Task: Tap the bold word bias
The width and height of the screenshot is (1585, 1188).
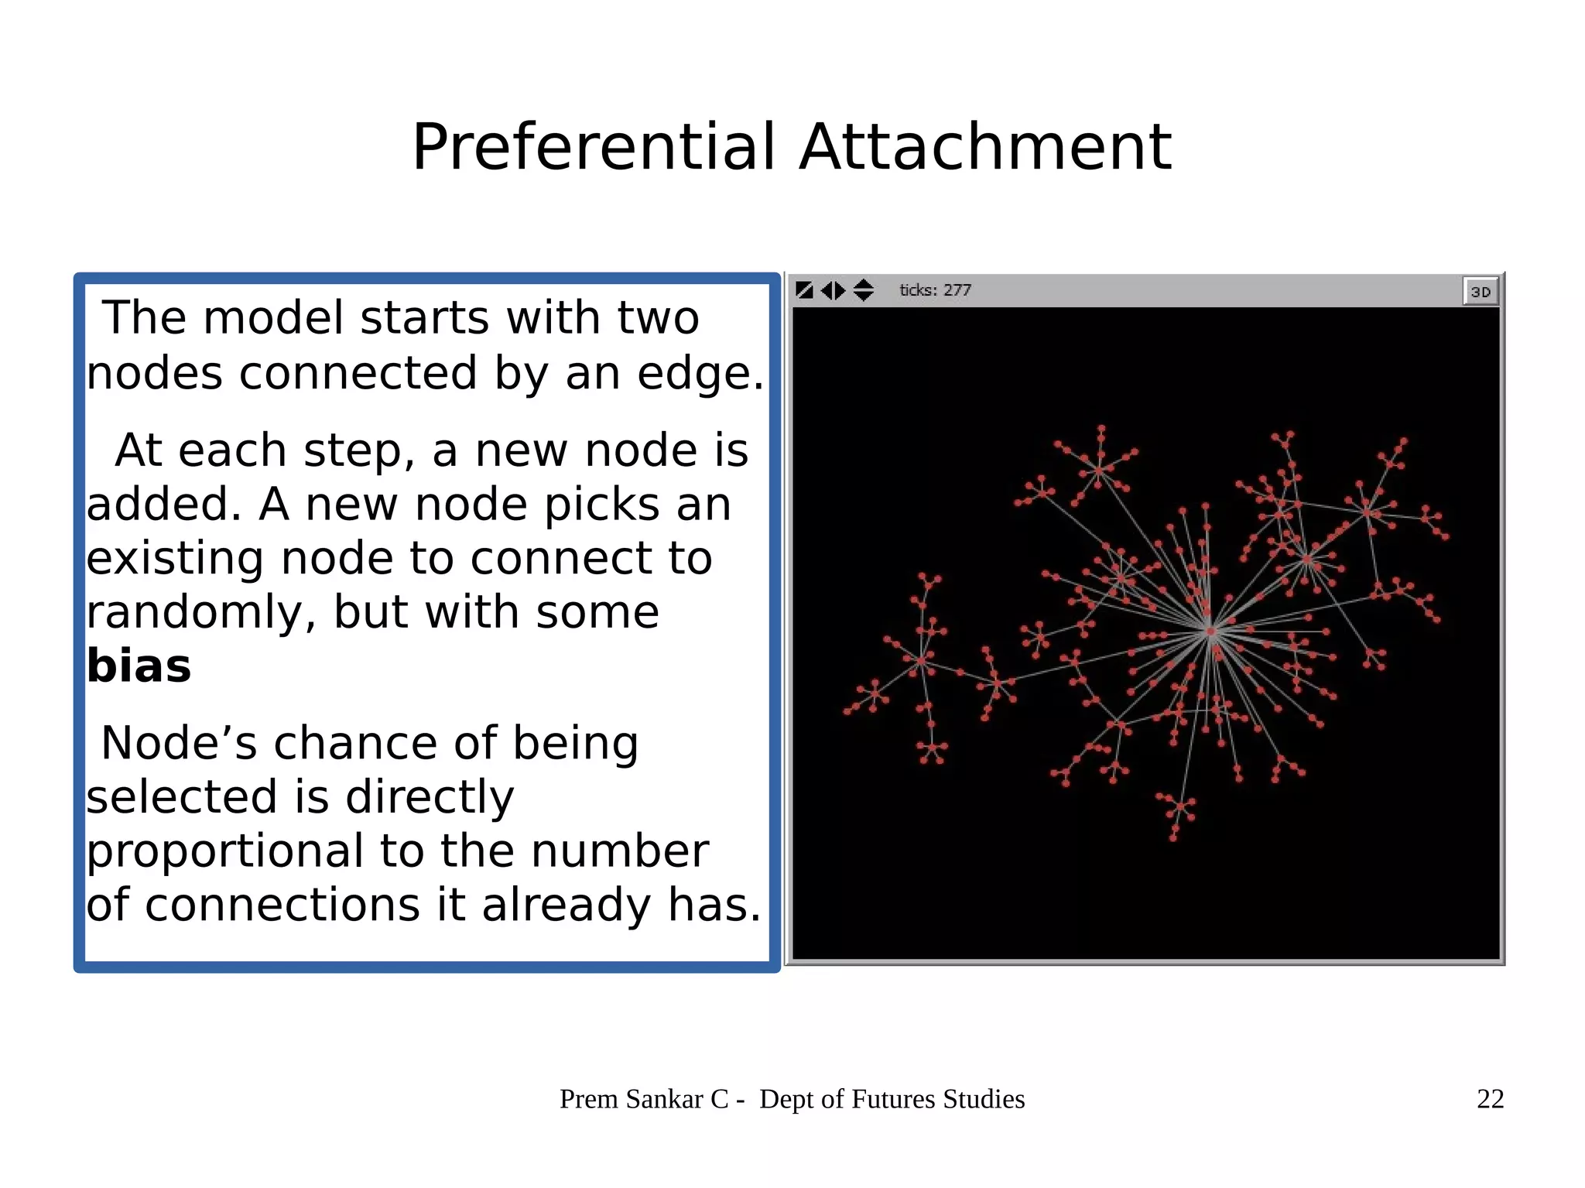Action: [x=139, y=666]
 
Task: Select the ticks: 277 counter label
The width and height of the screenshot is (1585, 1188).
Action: [x=935, y=290]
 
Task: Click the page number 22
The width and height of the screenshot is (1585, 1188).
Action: [x=1490, y=1099]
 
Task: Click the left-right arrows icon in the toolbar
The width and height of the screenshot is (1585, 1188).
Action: [x=833, y=290]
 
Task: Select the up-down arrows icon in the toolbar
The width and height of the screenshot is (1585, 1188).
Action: [x=863, y=290]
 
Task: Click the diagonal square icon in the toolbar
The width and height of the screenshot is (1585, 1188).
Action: [x=804, y=290]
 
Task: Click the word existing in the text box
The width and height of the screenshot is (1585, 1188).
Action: [x=175, y=558]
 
